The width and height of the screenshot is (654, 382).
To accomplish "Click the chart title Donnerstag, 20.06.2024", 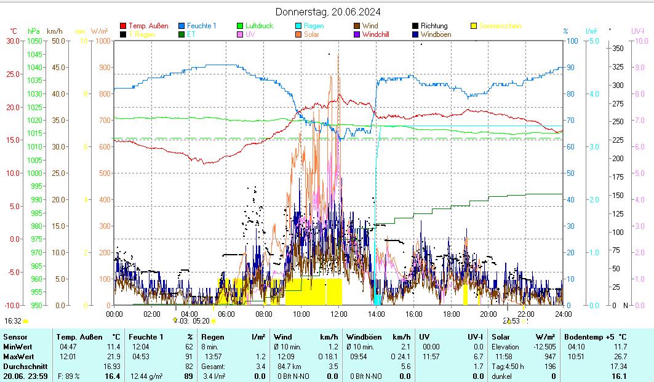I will [327, 12].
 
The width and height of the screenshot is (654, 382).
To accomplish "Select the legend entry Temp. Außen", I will [148, 26].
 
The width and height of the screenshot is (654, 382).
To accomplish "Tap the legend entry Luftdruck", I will [259, 26].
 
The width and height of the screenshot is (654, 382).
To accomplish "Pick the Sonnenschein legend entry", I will [500, 26].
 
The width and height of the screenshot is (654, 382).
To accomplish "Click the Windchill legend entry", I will [379, 34].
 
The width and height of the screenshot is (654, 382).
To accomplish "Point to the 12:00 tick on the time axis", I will [339, 314].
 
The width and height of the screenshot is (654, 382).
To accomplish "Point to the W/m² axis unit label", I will [99, 31].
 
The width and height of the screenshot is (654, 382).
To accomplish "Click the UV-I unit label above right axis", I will [637, 31].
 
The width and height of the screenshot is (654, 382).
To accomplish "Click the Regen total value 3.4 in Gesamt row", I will [260, 366].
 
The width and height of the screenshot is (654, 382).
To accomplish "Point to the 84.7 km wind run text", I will [287, 366].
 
